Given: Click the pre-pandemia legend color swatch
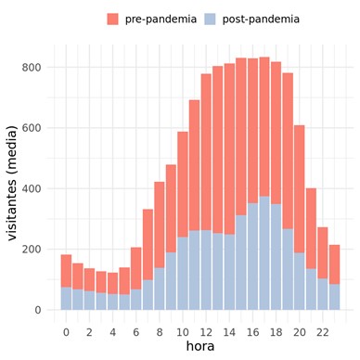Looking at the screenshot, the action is (112, 19).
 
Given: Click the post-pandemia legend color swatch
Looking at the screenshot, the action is (210, 19).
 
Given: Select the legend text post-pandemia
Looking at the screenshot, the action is (261, 19).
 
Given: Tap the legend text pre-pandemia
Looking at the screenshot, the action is (161, 19).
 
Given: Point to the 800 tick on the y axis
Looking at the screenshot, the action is (32, 68).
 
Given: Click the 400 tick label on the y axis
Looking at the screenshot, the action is (32, 188).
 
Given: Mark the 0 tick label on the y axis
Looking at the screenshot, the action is (38, 310).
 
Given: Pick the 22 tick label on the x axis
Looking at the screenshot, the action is (323, 332).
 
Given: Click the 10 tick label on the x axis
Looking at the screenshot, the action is (183, 332).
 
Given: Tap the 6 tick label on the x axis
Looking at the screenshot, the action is (136, 332).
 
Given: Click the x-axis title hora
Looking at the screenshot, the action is (200, 346).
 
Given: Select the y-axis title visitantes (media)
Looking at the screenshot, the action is (12, 183).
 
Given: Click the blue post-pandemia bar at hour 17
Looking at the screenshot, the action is (264, 253).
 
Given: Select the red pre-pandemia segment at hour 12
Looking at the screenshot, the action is (206, 152).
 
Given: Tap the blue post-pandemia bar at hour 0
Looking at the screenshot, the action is (66, 299).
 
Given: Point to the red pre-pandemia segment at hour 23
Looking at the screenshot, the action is (334, 264).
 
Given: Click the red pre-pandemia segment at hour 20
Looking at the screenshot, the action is (300, 189).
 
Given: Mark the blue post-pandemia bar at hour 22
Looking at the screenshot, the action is (323, 294).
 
